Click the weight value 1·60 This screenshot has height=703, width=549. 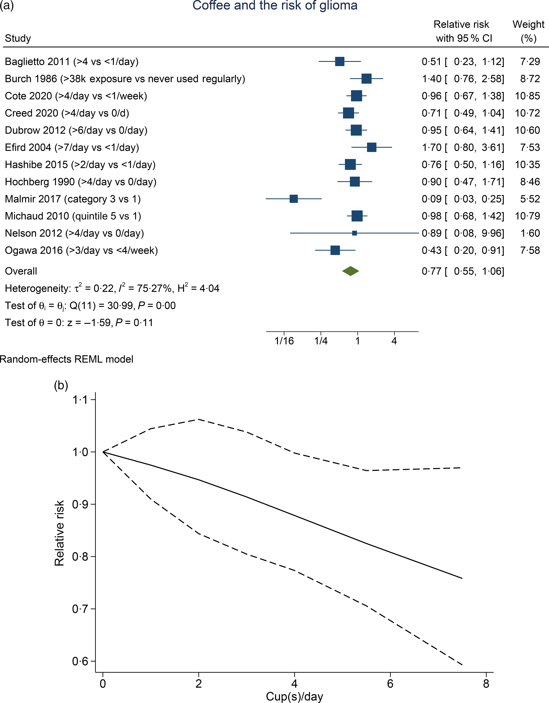[530, 233]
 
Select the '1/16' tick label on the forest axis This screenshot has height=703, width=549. [284, 341]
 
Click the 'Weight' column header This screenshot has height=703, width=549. [528, 24]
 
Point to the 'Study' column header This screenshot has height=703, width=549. [18, 38]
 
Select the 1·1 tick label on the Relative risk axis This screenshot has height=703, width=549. [80, 400]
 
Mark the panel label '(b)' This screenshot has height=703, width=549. [61, 385]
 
